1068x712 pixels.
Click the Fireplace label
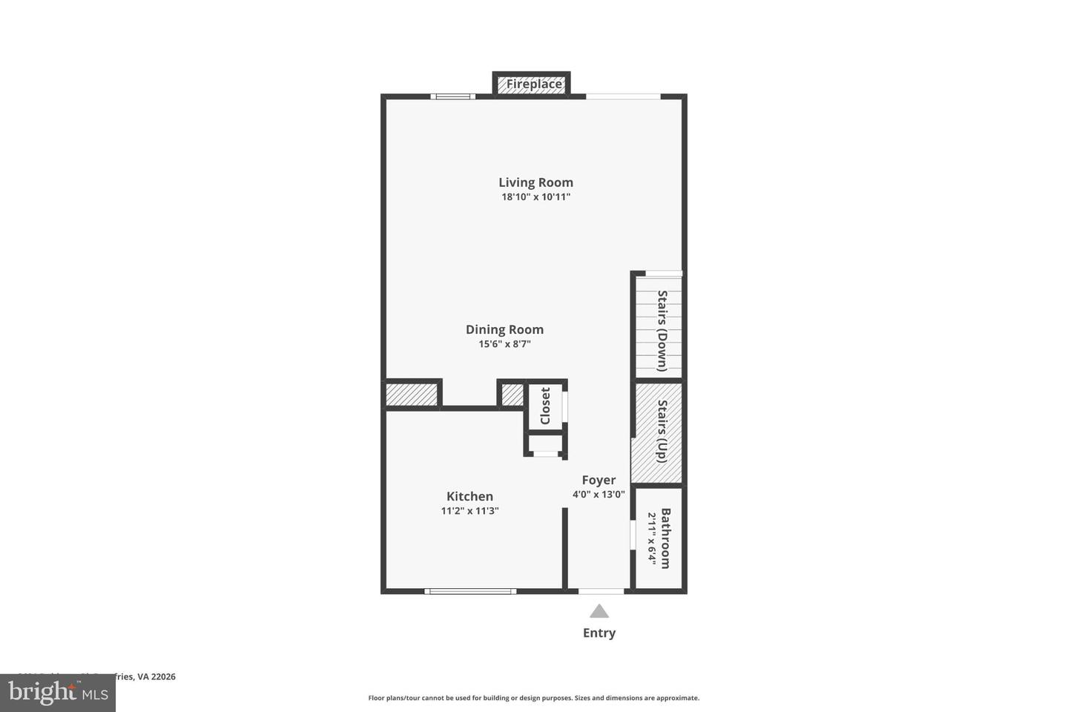coord(534,85)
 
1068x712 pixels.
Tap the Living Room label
coord(535,182)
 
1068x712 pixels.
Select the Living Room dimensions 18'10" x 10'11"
coord(535,197)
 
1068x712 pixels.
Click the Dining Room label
coord(504,330)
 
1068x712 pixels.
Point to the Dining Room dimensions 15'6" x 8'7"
coord(504,344)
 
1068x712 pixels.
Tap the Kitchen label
coord(469,497)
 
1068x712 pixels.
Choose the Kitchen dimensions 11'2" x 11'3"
coord(469,511)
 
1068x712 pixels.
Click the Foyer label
coord(599,480)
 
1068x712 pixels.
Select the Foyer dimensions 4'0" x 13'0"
coord(599,495)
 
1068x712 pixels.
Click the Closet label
coord(546,406)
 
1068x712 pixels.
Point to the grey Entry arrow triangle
coord(599,612)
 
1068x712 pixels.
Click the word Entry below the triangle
coord(599,633)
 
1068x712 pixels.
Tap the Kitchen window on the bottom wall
coord(470,591)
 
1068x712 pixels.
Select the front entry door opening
coord(601,591)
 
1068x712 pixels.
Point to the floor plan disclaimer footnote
coord(534,698)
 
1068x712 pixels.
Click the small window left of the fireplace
coord(453,96)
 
